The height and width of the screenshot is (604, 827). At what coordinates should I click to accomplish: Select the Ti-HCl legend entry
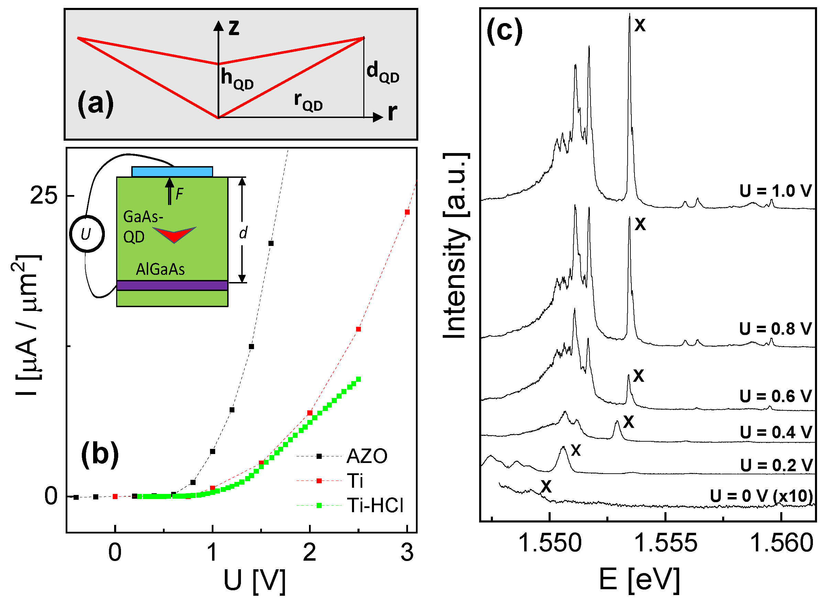[x=375, y=506]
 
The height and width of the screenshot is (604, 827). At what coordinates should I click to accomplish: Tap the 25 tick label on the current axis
[x=44, y=195]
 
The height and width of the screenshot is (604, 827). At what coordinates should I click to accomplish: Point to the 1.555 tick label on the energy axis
[x=666, y=543]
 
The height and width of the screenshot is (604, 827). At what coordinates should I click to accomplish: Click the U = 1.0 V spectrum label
[x=775, y=191]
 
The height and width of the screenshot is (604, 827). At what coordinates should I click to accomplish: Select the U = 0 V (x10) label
[x=761, y=496]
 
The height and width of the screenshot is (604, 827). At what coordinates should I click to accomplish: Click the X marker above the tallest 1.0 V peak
[x=640, y=25]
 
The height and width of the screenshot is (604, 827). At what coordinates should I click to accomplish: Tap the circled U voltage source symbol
[x=87, y=234]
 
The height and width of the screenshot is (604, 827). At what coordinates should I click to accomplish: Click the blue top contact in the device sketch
[x=172, y=172]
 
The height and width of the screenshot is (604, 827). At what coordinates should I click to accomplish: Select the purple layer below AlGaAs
[x=172, y=285]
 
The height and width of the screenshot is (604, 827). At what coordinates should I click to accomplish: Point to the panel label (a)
[x=95, y=104]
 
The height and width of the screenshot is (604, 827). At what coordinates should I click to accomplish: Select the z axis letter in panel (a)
[x=234, y=28]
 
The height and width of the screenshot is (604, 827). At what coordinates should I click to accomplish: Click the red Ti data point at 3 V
[x=407, y=212]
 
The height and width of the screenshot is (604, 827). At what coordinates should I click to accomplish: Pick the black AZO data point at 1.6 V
[x=271, y=244]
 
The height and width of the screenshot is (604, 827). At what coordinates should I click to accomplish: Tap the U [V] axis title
[x=255, y=580]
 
